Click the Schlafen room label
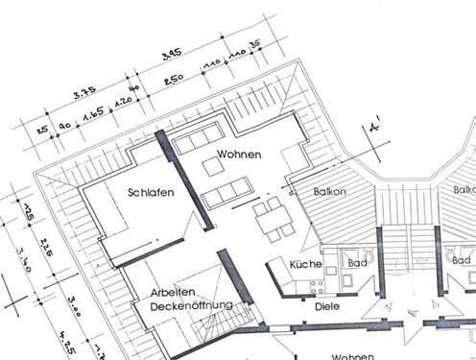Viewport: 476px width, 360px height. click(151, 192)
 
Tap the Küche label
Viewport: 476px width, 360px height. click(305, 264)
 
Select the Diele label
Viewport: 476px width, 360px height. click(327, 306)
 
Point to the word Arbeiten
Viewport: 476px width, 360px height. click(174, 292)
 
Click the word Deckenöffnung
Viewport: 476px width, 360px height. click(191, 305)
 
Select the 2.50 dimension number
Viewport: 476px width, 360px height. click(173, 79)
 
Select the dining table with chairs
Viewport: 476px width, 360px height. click(271, 219)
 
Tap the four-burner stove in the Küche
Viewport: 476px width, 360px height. click(307, 287)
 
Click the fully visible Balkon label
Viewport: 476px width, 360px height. click(329, 192)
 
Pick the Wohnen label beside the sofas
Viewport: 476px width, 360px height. click(238, 154)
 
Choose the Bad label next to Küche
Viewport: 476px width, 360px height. click(356, 262)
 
